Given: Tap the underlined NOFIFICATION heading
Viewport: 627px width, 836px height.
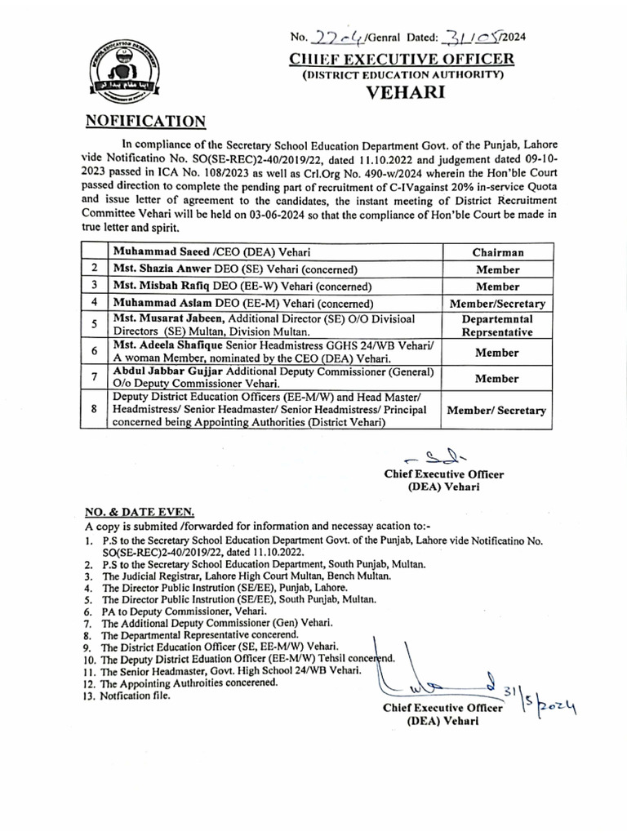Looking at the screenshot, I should click(145, 122).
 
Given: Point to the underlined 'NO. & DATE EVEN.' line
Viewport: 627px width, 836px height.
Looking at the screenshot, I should click(140, 512).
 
